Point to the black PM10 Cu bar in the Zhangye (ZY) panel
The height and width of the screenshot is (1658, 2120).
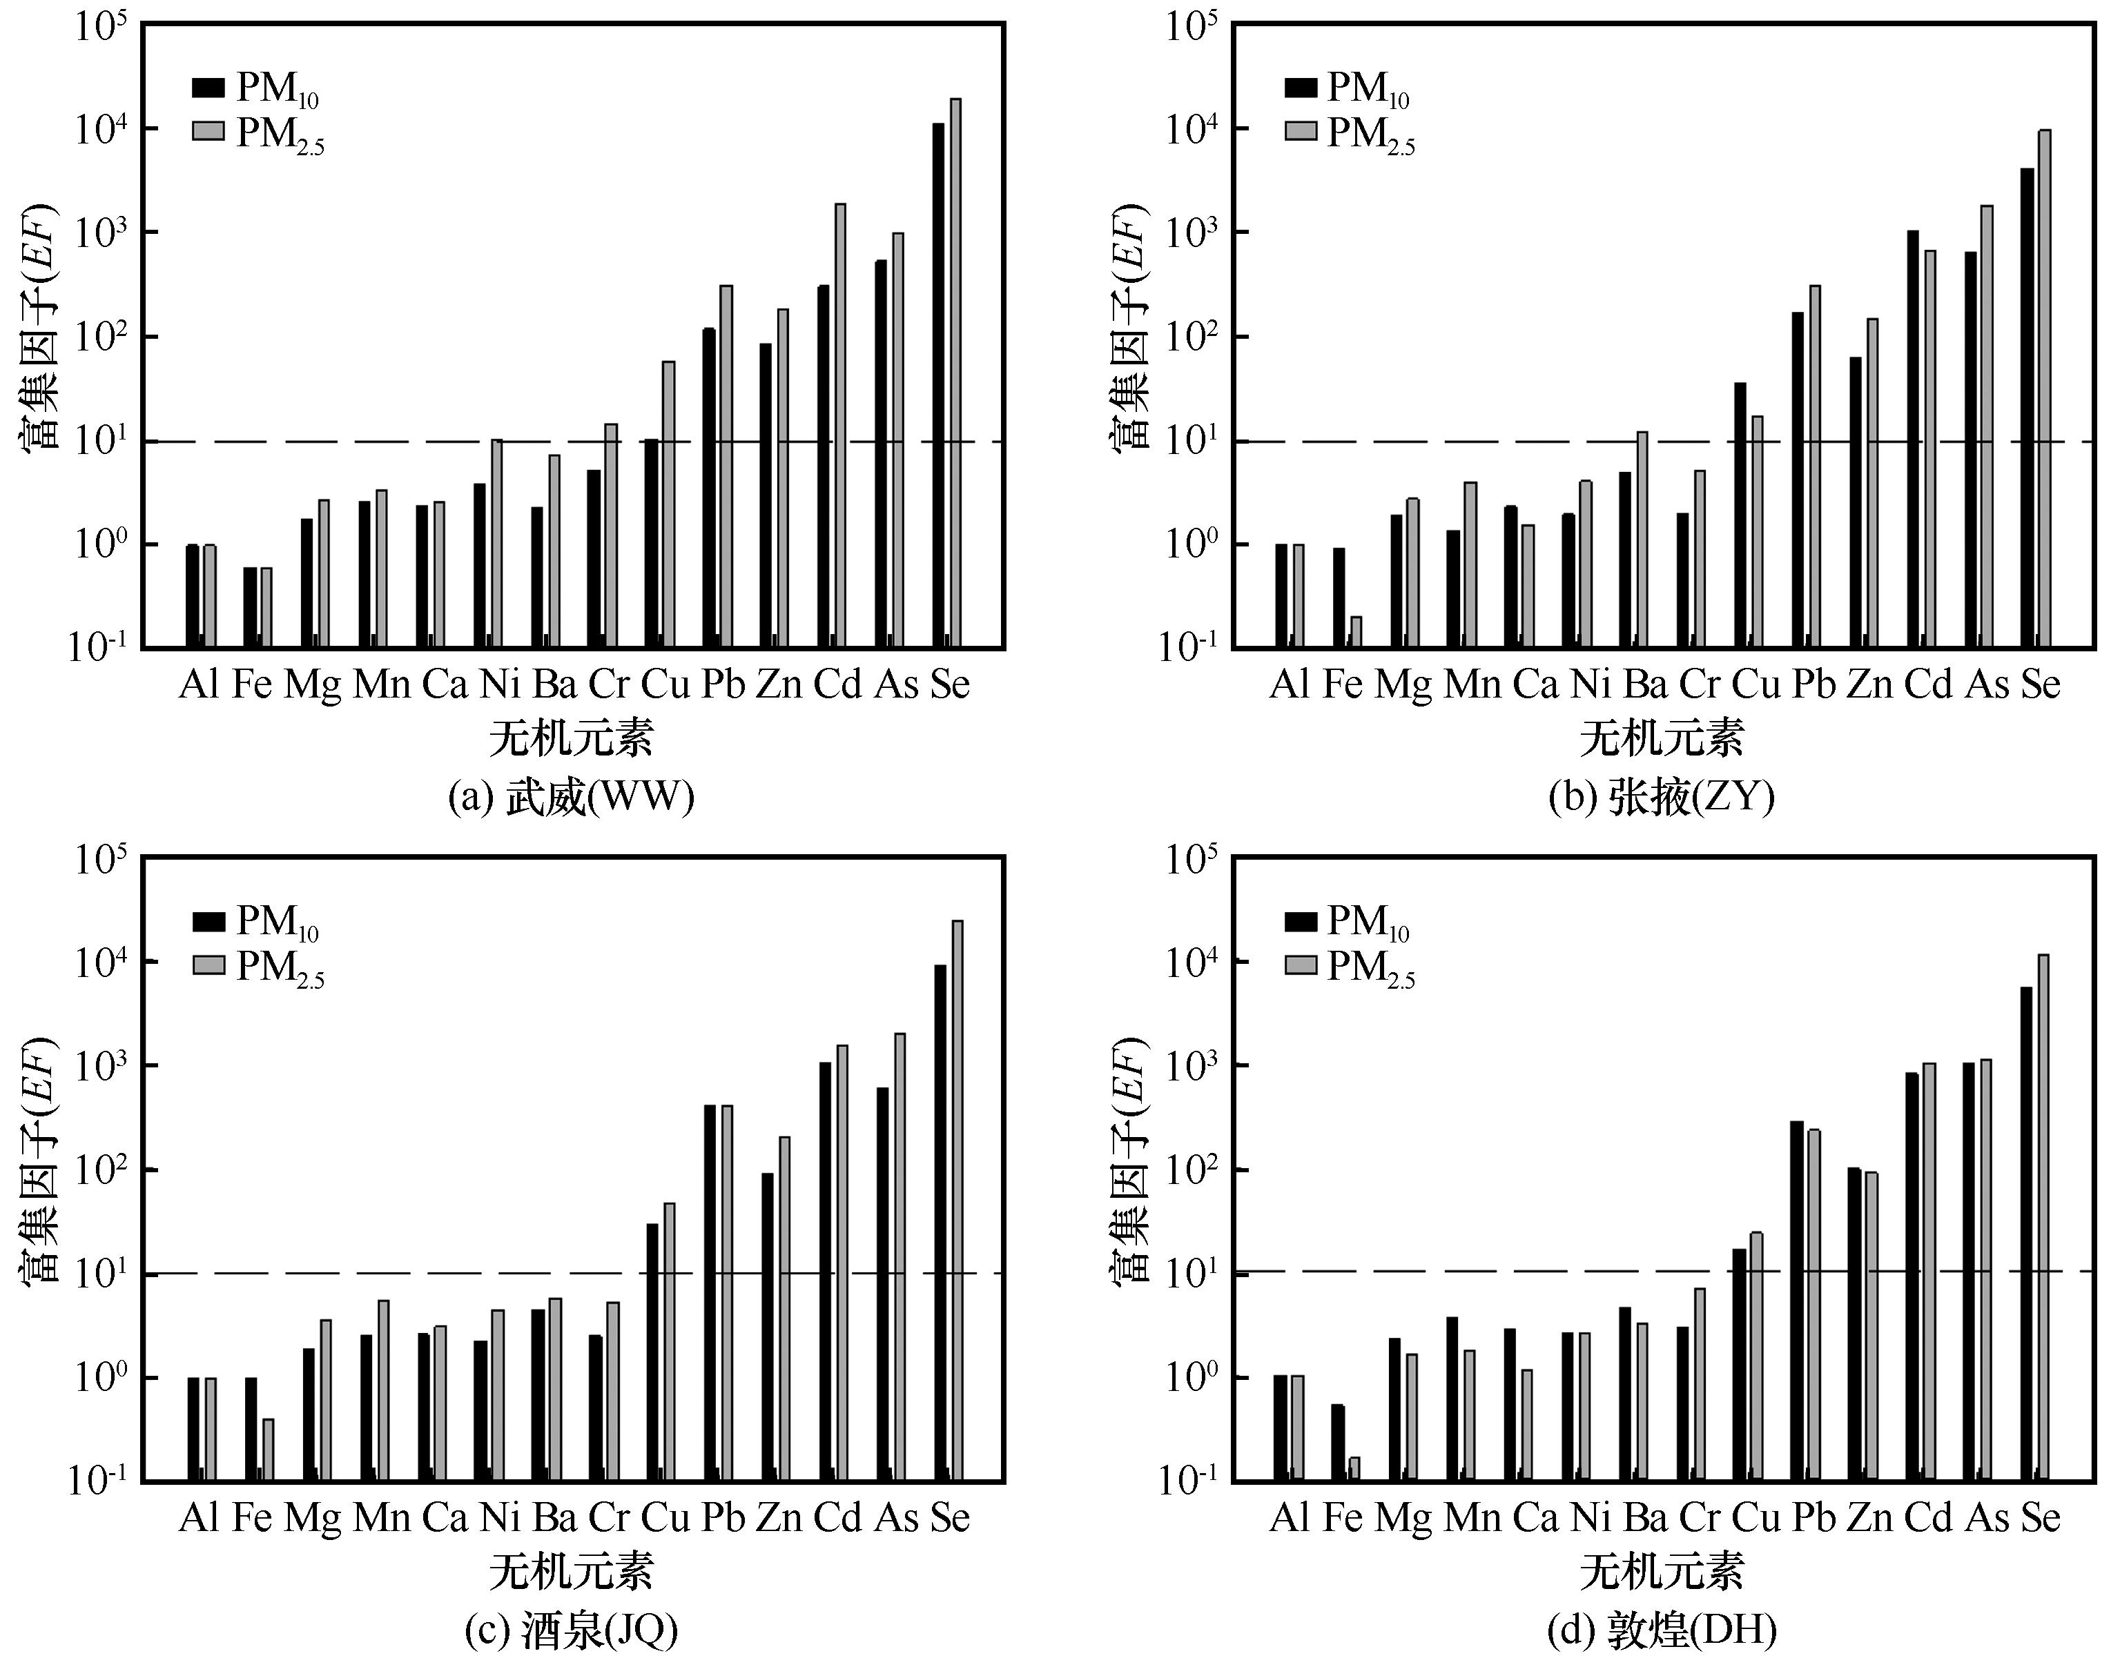point(1740,515)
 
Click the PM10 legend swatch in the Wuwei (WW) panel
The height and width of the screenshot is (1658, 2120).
point(208,88)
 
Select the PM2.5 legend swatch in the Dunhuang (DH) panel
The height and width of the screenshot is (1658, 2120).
point(1301,965)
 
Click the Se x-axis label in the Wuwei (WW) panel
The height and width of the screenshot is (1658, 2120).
point(950,685)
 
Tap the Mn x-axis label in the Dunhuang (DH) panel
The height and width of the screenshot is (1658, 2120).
point(1472,1517)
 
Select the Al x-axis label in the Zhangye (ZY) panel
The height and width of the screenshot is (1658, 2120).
point(1289,685)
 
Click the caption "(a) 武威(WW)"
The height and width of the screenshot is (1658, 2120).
point(571,798)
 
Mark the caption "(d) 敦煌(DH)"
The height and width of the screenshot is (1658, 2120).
point(1662,1631)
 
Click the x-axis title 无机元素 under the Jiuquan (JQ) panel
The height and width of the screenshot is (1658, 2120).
point(571,1572)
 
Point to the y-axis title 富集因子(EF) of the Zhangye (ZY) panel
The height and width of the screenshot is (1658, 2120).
point(1129,327)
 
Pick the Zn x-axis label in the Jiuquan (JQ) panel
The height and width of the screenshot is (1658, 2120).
point(779,1517)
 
